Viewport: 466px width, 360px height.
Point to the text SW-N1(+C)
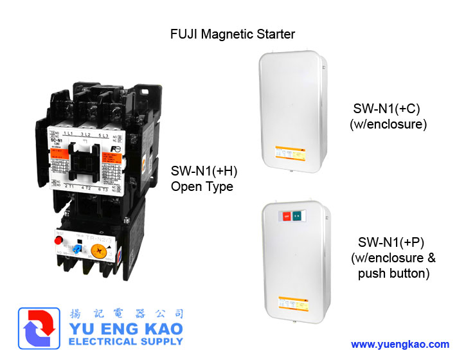pyautogui.click(x=388, y=108)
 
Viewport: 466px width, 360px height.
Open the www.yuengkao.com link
pyautogui.click(x=400, y=344)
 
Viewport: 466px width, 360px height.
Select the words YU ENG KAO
pyautogui.click(x=123, y=330)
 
